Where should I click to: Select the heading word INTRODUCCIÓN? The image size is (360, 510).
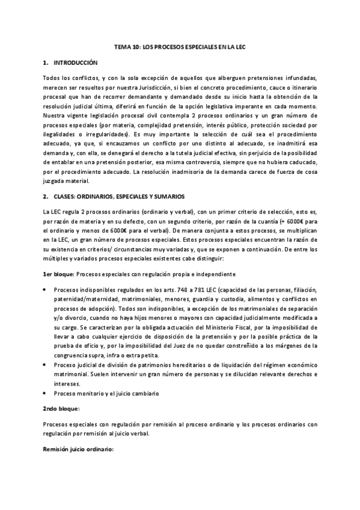coord(76,63)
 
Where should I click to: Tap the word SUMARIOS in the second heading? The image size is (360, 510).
coord(171,197)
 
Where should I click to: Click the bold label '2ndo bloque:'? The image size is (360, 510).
coord(62,408)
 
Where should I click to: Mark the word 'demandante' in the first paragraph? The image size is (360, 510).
coord(156,96)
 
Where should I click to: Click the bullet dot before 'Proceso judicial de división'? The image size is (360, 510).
coord(46,365)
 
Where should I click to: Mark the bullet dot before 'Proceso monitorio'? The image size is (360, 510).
coord(46,393)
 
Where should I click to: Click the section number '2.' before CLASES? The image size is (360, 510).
coord(46,197)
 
